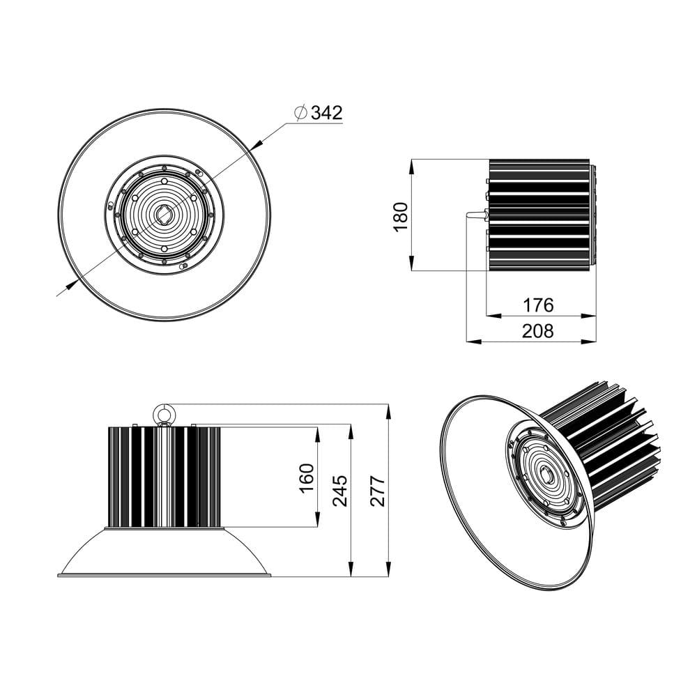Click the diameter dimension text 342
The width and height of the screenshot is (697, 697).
click(x=327, y=113)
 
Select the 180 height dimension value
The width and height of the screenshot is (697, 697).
click(x=400, y=217)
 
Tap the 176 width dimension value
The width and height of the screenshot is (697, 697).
click(x=538, y=305)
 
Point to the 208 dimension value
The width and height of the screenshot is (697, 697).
click(x=538, y=331)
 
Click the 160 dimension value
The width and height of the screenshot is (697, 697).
click(x=307, y=477)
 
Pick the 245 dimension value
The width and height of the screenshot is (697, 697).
click(x=340, y=491)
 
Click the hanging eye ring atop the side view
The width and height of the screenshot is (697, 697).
click(x=165, y=414)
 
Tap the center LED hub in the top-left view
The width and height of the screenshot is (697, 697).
click(x=164, y=215)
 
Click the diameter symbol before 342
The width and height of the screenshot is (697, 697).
click(x=300, y=113)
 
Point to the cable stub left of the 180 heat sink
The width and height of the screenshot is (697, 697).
click(x=475, y=215)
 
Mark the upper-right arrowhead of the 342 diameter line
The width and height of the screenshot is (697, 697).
click(x=256, y=144)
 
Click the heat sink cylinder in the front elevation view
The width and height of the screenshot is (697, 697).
click(x=164, y=477)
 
